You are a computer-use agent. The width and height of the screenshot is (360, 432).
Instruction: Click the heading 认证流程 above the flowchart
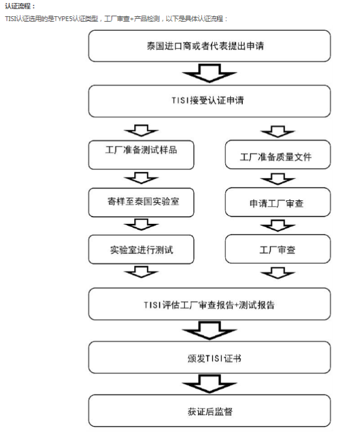point(20,6)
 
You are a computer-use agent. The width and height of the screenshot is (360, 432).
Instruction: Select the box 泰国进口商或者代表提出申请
point(210,46)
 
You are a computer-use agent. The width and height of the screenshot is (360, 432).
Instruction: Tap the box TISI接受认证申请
point(210,101)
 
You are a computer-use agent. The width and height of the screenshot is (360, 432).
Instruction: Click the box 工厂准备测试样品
point(141,155)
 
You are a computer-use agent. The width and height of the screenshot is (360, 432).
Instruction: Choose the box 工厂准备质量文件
point(278,154)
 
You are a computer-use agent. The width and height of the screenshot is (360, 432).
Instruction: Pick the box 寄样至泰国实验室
point(141,202)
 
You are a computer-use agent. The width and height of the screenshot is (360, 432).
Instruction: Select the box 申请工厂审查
point(278,202)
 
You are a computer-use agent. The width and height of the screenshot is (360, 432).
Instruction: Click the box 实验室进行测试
point(141,249)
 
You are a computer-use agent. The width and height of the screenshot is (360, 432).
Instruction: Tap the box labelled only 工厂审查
point(278,249)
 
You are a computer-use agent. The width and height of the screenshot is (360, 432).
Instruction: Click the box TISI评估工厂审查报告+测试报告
point(210,304)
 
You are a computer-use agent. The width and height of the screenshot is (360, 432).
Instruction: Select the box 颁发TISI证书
point(210,357)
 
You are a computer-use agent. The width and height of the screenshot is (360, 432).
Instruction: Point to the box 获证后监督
point(210,410)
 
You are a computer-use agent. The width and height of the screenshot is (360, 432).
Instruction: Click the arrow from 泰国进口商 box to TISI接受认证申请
point(210,73)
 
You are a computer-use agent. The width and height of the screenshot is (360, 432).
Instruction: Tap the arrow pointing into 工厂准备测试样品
point(141,130)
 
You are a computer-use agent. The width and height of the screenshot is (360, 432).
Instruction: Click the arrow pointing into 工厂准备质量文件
point(278,132)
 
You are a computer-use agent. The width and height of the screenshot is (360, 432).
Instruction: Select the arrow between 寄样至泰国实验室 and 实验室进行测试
point(141,224)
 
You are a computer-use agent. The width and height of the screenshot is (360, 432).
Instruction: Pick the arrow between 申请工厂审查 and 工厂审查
point(278,226)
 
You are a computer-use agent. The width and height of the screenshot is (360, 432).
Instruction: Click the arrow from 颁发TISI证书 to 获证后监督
point(210,384)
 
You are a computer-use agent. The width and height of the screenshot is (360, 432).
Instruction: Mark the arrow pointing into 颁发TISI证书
point(210,331)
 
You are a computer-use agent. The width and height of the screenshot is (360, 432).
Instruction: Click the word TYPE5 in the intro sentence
point(63,19)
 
